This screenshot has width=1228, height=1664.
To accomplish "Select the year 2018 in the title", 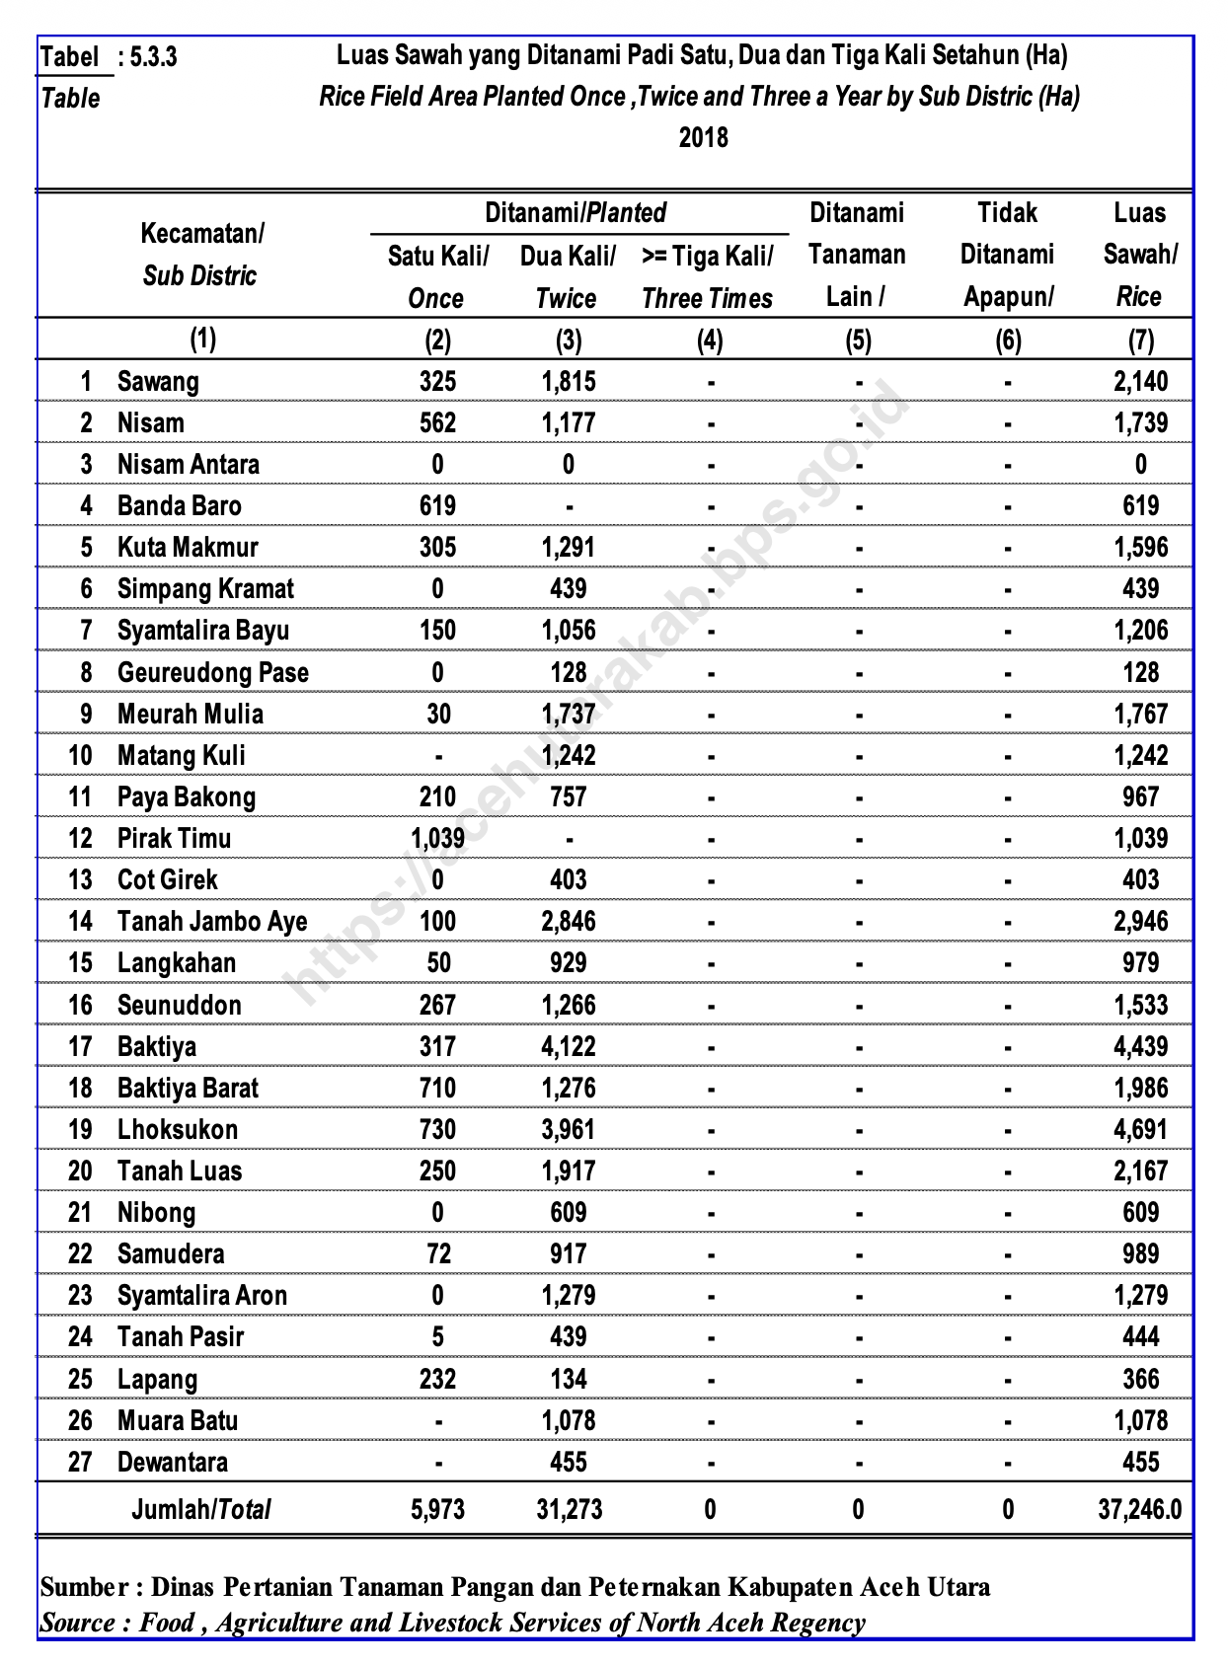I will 703,136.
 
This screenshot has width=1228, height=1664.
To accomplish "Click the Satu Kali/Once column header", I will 437,277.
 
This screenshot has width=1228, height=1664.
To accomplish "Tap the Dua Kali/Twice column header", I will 568,277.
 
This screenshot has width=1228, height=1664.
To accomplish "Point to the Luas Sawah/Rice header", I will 1139,255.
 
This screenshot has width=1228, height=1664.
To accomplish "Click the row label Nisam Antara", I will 188,464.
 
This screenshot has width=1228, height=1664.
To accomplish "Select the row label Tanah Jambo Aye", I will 212,921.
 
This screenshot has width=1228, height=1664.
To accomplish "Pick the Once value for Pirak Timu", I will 437,838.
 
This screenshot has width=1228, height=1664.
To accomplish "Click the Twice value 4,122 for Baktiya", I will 569,1046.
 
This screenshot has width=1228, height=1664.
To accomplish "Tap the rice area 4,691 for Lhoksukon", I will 1140,1129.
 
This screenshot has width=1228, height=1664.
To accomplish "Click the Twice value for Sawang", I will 569,381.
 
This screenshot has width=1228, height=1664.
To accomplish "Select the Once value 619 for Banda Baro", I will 437,505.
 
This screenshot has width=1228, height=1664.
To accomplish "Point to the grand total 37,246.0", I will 1139,1509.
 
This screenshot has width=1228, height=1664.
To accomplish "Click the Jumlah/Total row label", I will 201,1509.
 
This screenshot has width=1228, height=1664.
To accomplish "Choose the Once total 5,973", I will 437,1509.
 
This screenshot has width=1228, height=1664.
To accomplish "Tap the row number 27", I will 80,1462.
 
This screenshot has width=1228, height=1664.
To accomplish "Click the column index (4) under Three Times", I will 710,340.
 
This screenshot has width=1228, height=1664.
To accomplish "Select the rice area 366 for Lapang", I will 1140,1379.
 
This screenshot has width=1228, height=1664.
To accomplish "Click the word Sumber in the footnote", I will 85,1587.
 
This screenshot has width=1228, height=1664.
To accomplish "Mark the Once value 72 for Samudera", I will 438,1253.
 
